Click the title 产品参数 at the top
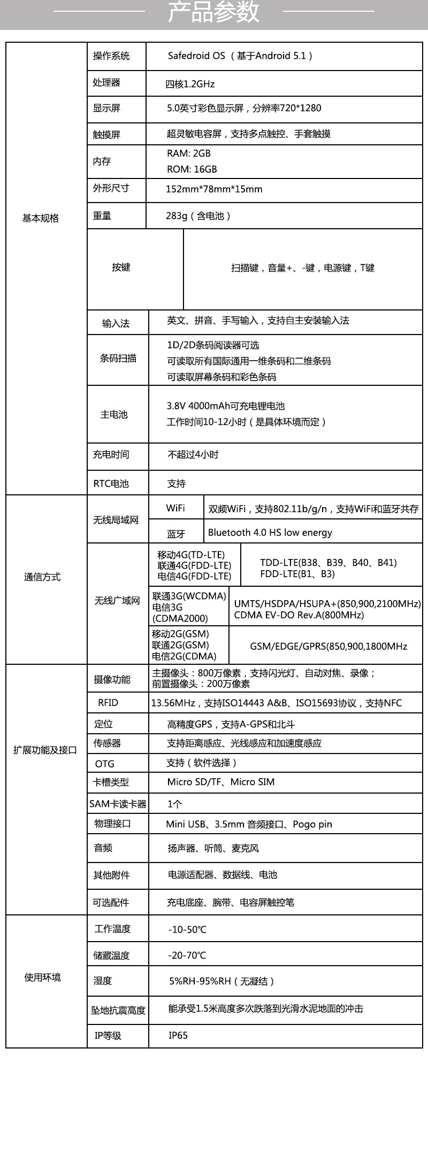pos(213,12)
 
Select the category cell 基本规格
pos(41,218)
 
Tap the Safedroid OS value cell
pos(240,56)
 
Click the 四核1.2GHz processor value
pos(190,84)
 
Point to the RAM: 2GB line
pos(189,153)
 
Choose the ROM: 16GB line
pos(192,169)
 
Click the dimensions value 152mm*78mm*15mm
pos(214,189)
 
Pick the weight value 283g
pos(198,216)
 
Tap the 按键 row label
pos(121,267)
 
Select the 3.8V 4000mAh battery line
pos(226,406)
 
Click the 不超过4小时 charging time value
pos(193,455)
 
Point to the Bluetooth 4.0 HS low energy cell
pos(270,532)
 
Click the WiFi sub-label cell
pos(175,508)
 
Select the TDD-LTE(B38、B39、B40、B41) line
pos(328,562)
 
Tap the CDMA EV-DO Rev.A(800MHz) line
pos(299,615)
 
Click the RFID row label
pos(108,703)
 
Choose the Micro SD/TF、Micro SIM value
pos(221,782)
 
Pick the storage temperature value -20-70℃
pos(187,955)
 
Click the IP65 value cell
pos(178,1035)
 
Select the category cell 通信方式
pos(42,577)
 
